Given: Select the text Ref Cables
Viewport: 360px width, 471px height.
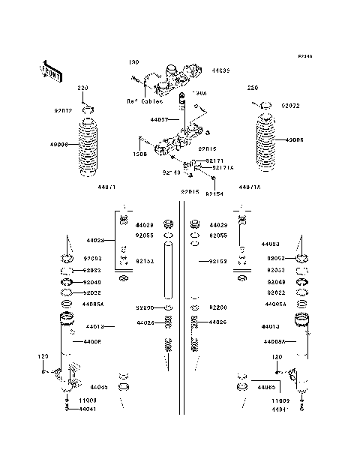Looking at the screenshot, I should coord(142,100).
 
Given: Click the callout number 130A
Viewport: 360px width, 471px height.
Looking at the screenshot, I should coord(199,94).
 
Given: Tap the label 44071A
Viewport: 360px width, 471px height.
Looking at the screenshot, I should coord(250,187).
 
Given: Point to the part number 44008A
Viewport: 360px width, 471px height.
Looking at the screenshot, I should coord(274,341).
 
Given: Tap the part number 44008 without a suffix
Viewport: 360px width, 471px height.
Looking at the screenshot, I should coord(92,341).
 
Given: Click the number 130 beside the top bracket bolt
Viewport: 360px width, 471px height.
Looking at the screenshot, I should coord(133,61).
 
